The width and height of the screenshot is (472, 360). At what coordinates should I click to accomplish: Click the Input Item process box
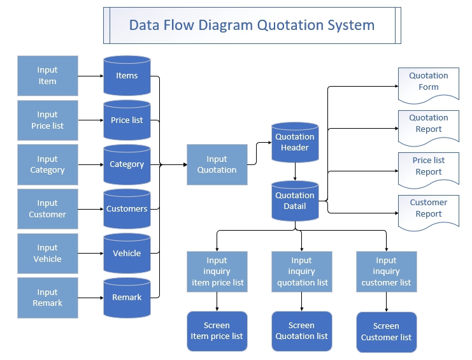coord(47,76)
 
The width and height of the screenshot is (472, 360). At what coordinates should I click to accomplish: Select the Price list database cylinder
coord(127,120)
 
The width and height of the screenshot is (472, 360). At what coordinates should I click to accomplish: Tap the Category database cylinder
coord(127,164)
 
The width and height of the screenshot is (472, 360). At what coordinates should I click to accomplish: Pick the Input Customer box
coord(47,209)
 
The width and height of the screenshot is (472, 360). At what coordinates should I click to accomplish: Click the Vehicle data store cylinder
coord(127,253)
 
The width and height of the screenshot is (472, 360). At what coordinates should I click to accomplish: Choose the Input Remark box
coord(47,298)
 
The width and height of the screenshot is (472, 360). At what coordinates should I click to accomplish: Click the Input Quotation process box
coord(217,164)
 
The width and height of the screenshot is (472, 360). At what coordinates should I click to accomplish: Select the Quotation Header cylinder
coord(294,142)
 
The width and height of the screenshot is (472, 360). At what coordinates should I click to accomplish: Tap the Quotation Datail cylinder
coord(294,201)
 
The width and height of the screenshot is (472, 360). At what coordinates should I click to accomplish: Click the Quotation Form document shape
coord(428,84)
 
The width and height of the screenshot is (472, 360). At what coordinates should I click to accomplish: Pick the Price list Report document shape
coord(428,169)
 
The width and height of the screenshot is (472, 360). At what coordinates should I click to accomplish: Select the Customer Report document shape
coord(428,211)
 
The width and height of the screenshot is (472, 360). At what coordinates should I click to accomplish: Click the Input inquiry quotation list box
coord(301,271)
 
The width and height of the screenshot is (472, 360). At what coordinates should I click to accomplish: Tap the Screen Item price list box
coord(217,331)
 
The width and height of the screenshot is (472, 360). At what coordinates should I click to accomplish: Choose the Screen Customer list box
coord(386,332)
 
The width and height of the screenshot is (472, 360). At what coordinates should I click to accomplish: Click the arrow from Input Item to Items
coord(90,76)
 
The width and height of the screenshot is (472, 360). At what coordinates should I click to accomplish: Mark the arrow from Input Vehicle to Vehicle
coord(90,253)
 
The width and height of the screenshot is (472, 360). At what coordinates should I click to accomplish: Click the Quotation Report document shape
coord(428,126)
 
